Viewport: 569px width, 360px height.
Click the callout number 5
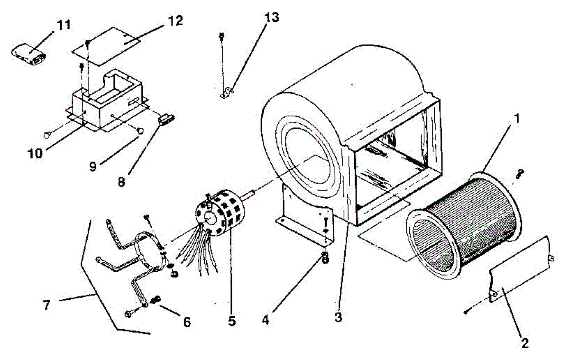coord(231,321)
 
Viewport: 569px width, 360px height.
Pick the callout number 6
coord(186,322)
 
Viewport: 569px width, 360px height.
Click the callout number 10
coord(35,153)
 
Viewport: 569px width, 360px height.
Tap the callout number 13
coord(272,18)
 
